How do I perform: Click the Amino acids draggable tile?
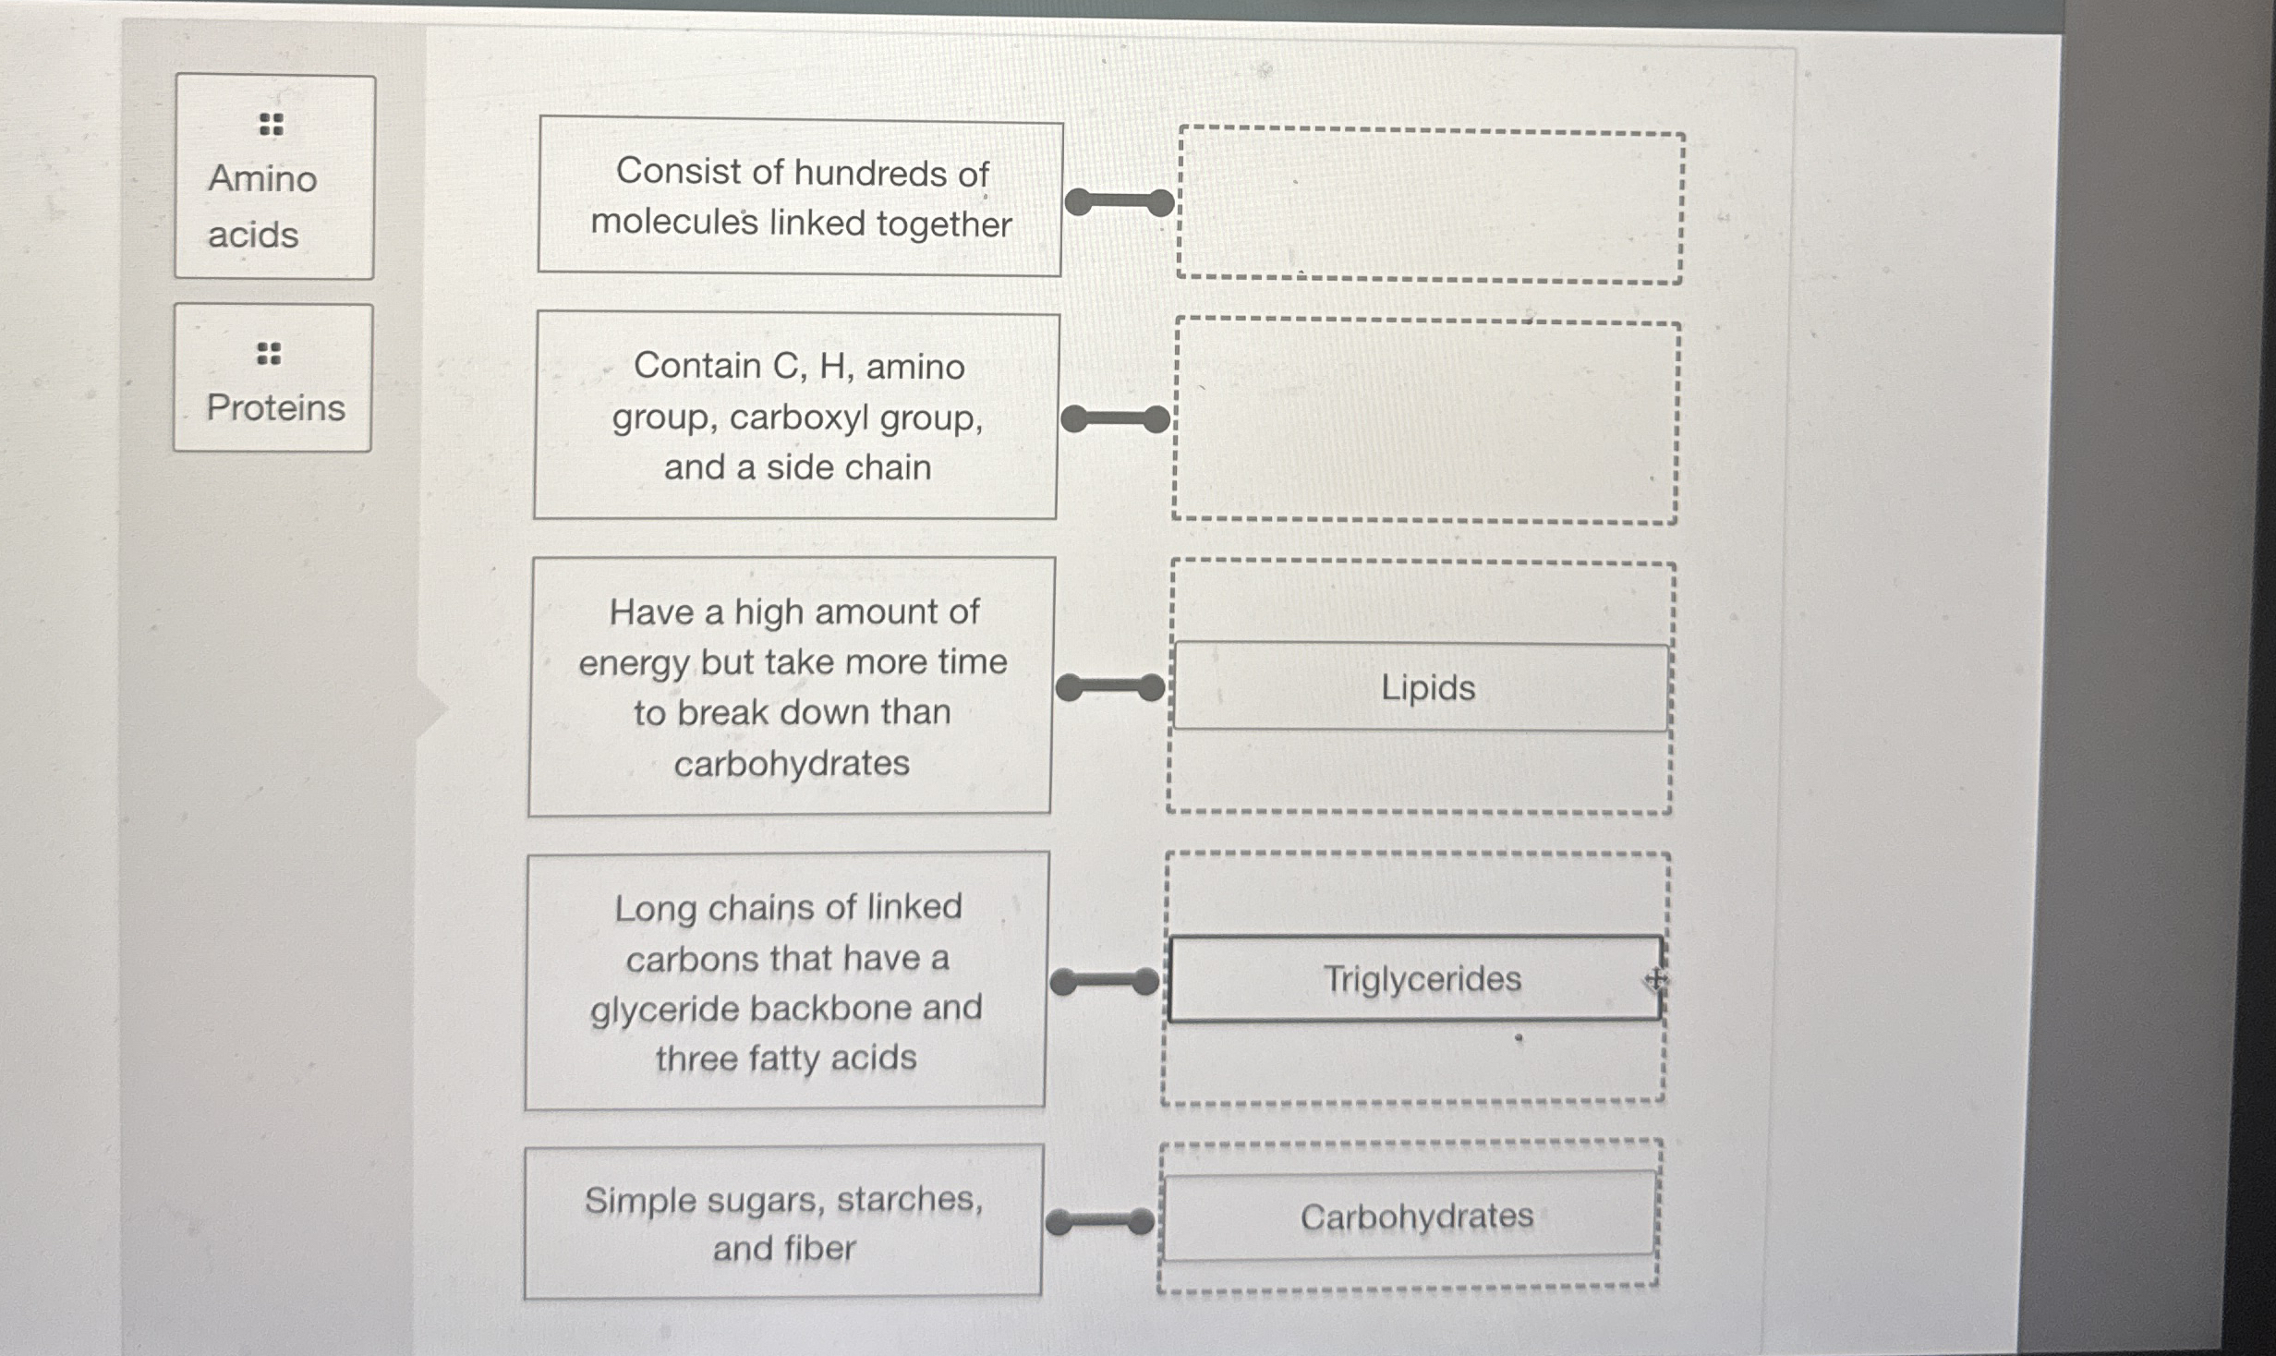[274, 177]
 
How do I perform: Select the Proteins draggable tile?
[273, 378]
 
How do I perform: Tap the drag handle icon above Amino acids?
[271, 124]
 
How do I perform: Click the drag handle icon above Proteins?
[269, 353]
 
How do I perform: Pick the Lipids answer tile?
[1422, 687]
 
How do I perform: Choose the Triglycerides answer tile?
[1414, 978]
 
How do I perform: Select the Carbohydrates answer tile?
[1410, 1216]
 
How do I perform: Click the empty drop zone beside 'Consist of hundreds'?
[1430, 206]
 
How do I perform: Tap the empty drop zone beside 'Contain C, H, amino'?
[1425, 422]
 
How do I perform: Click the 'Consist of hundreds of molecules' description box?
[800, 197]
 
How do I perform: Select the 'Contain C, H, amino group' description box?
[796, 416]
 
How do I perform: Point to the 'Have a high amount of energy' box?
[791, 686]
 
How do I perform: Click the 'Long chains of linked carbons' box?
[786, 981]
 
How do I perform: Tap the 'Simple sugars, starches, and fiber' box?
[783, 1222]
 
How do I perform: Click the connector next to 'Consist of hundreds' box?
[1119, 201]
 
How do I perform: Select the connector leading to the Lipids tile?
[1110, 687]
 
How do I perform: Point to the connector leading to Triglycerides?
[1105, 981]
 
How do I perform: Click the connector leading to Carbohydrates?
[1100, 1222]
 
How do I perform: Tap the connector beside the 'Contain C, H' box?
[1116, 419]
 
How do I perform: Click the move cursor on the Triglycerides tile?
[1654, 978]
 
